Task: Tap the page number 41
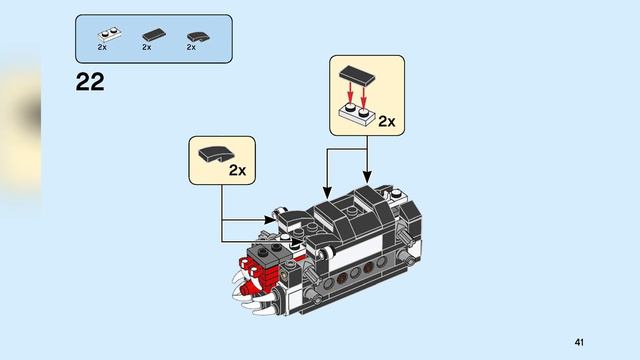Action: click(x=579, y=342)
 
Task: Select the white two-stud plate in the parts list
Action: click(x=104, y=33)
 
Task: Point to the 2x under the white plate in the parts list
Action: click(x=103, y=47)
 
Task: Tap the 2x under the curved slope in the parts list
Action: click(x=191, y=47)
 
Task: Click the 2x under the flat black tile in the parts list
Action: click(x=147, y=47)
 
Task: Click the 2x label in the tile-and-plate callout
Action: click(x=385, y=122)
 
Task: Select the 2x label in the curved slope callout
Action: click(x=237, y=170)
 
